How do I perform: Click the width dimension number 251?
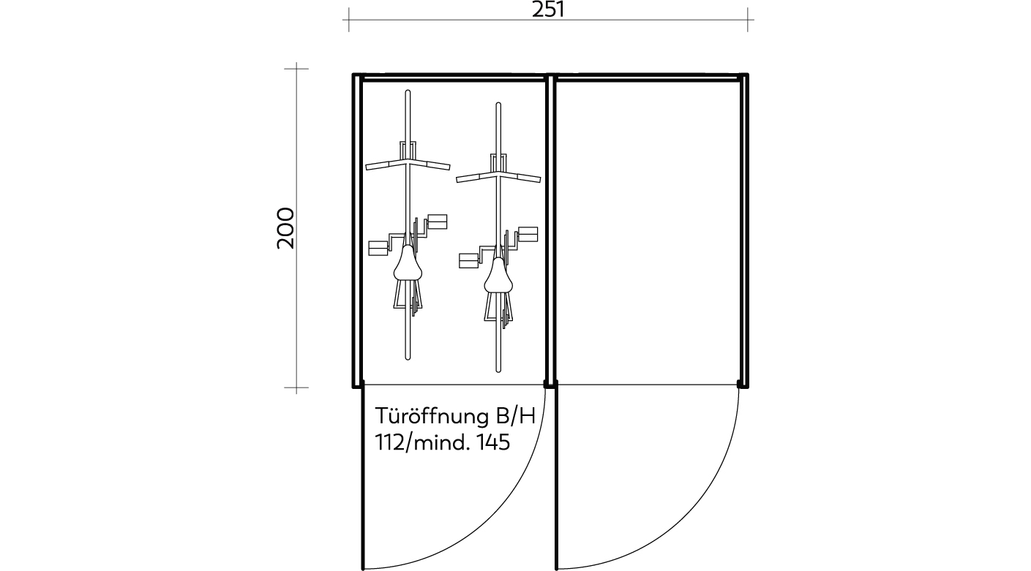click(548, 10)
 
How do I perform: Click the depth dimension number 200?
click(285, 229)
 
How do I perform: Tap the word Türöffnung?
click(432, 416)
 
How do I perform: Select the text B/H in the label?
click(515, 416)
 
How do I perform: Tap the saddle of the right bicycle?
click(498, 276)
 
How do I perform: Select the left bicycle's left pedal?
click(378, 249)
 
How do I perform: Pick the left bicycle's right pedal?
click(438, 222)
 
